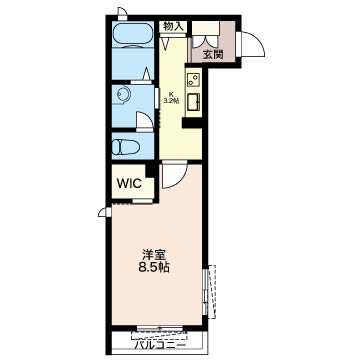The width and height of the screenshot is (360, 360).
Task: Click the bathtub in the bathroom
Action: pos(133,35)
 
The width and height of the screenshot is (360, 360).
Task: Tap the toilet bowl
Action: pos(125,147)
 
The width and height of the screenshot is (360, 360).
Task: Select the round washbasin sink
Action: pos(123,94)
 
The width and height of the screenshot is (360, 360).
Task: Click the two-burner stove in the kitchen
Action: pos(193,79)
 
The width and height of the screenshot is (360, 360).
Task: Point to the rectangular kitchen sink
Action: pos(193,102)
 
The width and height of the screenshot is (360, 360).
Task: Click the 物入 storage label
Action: pos(172,27)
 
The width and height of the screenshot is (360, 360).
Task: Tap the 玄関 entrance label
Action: pos(212,54)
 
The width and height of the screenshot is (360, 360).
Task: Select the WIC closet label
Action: pos(130,183)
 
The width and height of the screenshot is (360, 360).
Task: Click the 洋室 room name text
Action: pos(154,255)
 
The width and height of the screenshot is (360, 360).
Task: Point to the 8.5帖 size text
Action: pos(154,267)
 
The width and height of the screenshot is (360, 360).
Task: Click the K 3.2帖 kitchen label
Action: pos(172,98)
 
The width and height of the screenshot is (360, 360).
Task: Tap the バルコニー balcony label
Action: pos(160,345)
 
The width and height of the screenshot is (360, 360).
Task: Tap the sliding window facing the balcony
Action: pos(160,328)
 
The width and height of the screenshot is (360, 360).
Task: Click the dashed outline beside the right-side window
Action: pos(212,292)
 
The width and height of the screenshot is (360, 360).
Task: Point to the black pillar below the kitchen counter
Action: pos(192,123)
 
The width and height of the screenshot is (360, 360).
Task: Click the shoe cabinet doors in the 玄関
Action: pos(206,40)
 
